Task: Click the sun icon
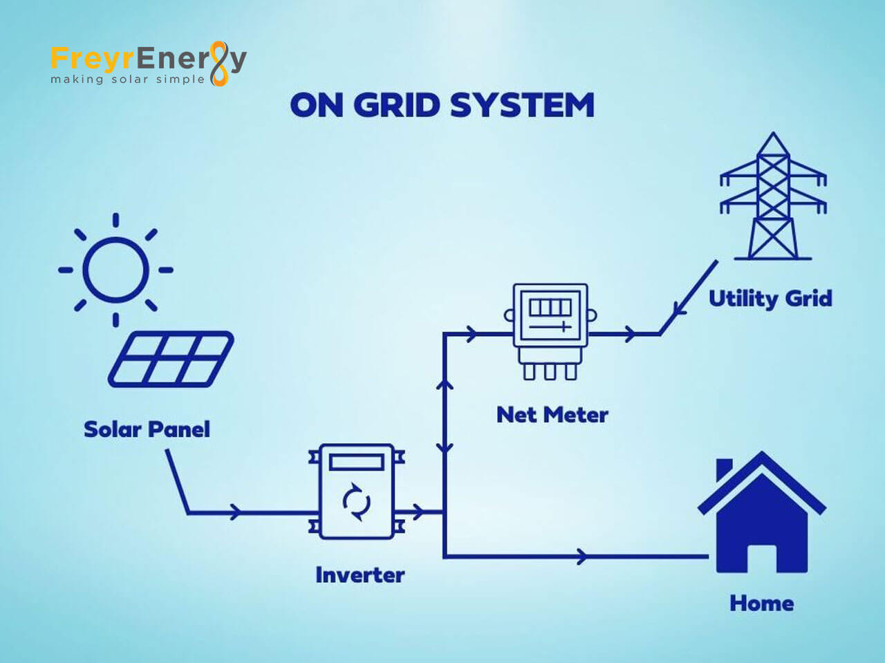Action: [x=115, y=270]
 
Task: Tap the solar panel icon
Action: [x=171, y=359]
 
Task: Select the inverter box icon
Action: [x=357, y=492]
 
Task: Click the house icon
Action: [x=761, y=515]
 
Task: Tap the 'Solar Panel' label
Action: [x=147, y=429]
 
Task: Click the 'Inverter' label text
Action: [x=360, y=575]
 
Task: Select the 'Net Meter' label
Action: [x=552, y=415]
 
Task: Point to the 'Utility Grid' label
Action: [x=770, y=299]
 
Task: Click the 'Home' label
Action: [x=761, y=604]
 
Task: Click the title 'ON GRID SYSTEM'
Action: [x=442, y=106]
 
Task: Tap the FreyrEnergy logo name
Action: [x=148, y=59]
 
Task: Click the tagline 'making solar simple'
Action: [x=127, y=80]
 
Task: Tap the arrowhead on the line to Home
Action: [x=582, y=556]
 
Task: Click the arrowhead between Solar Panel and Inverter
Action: [x=236, y=512]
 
